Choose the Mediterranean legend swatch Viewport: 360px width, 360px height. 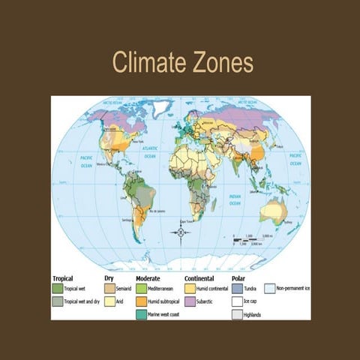click(x=140, y=288)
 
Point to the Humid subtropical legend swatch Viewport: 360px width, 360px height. click(x=140, y=301)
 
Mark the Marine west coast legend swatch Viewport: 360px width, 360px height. click(x=140, y=314)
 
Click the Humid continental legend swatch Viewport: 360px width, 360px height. click(x=190, y=288)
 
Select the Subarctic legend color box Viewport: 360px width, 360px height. click(x=190, y=301)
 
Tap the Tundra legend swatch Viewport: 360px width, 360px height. click(x=237, y=288)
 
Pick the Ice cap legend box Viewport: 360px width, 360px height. click(x=237, y=301)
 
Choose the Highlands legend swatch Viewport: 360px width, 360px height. click(x=237, y=314)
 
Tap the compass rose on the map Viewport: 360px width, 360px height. click(x=181, y=232)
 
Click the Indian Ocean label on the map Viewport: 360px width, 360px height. click(x=234, y=200)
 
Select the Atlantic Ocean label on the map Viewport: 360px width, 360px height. click(x=148, y=154)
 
